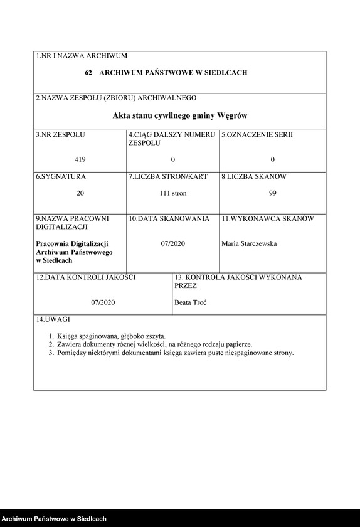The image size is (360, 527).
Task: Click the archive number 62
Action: tap(88, 73)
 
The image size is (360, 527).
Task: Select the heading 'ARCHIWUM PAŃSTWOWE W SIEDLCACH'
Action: tap(173, 73)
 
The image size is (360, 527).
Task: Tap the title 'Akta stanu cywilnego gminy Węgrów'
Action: tap(180, 115)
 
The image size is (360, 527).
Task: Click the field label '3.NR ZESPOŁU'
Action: tap(60, 135)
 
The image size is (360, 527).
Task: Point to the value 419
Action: tap(80, 159)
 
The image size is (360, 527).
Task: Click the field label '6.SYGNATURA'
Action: tap(61, 177)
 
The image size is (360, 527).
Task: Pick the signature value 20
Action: tap(80, 194)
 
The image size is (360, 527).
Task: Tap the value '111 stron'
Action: tap(173, 194)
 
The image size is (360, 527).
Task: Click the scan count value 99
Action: tap(272, 194)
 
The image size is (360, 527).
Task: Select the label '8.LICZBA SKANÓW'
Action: tap(254, 177)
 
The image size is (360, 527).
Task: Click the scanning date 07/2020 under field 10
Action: tap(173, 243)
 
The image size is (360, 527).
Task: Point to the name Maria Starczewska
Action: tap(249, 243)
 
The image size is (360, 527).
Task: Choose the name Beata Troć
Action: tap(191, 302)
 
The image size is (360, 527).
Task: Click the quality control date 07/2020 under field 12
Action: tap(103, 302)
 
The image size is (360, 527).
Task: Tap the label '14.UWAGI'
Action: tap(53, 320)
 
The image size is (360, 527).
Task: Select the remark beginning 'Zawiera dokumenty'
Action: tap(154, 344)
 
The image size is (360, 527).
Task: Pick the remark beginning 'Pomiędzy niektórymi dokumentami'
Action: tap(175, 353)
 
